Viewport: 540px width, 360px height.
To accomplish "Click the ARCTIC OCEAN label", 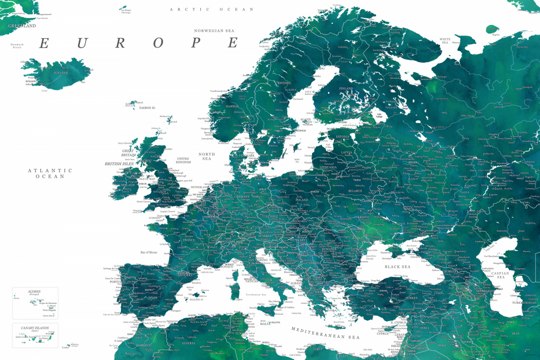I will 211,9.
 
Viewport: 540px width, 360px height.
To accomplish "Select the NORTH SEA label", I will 207,157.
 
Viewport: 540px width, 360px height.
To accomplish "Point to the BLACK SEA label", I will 397,267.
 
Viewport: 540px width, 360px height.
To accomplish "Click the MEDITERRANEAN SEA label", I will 325,333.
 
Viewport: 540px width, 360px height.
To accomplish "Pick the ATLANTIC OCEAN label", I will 50,173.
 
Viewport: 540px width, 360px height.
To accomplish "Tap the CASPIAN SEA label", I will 500,276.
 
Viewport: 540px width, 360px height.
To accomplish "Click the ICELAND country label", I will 61,72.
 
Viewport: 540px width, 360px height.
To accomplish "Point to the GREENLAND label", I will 22,25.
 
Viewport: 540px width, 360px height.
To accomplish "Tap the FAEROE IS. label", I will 146,108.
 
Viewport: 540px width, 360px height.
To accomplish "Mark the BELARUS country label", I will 355,191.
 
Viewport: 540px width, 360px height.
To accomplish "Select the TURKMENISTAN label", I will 523,303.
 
